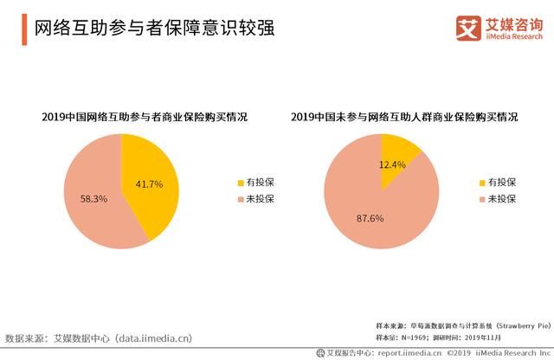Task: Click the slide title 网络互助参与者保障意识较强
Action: [154, 29]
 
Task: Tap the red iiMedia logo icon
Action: [467, 28]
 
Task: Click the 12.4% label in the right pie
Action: [392, 164]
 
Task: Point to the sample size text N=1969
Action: [422, 336]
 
